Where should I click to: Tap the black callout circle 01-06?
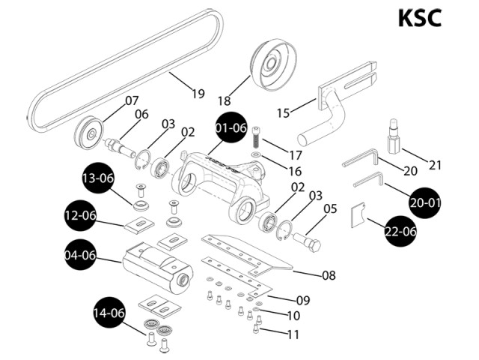click(x=231, y=127)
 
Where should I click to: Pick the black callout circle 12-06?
click(x=80, y=216)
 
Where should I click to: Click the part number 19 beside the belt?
click(x=198, y=94)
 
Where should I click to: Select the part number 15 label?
click(x=283, y=112)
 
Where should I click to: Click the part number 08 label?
click(x=328, y=275)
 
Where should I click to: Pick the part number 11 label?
click(x=293, y=334)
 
